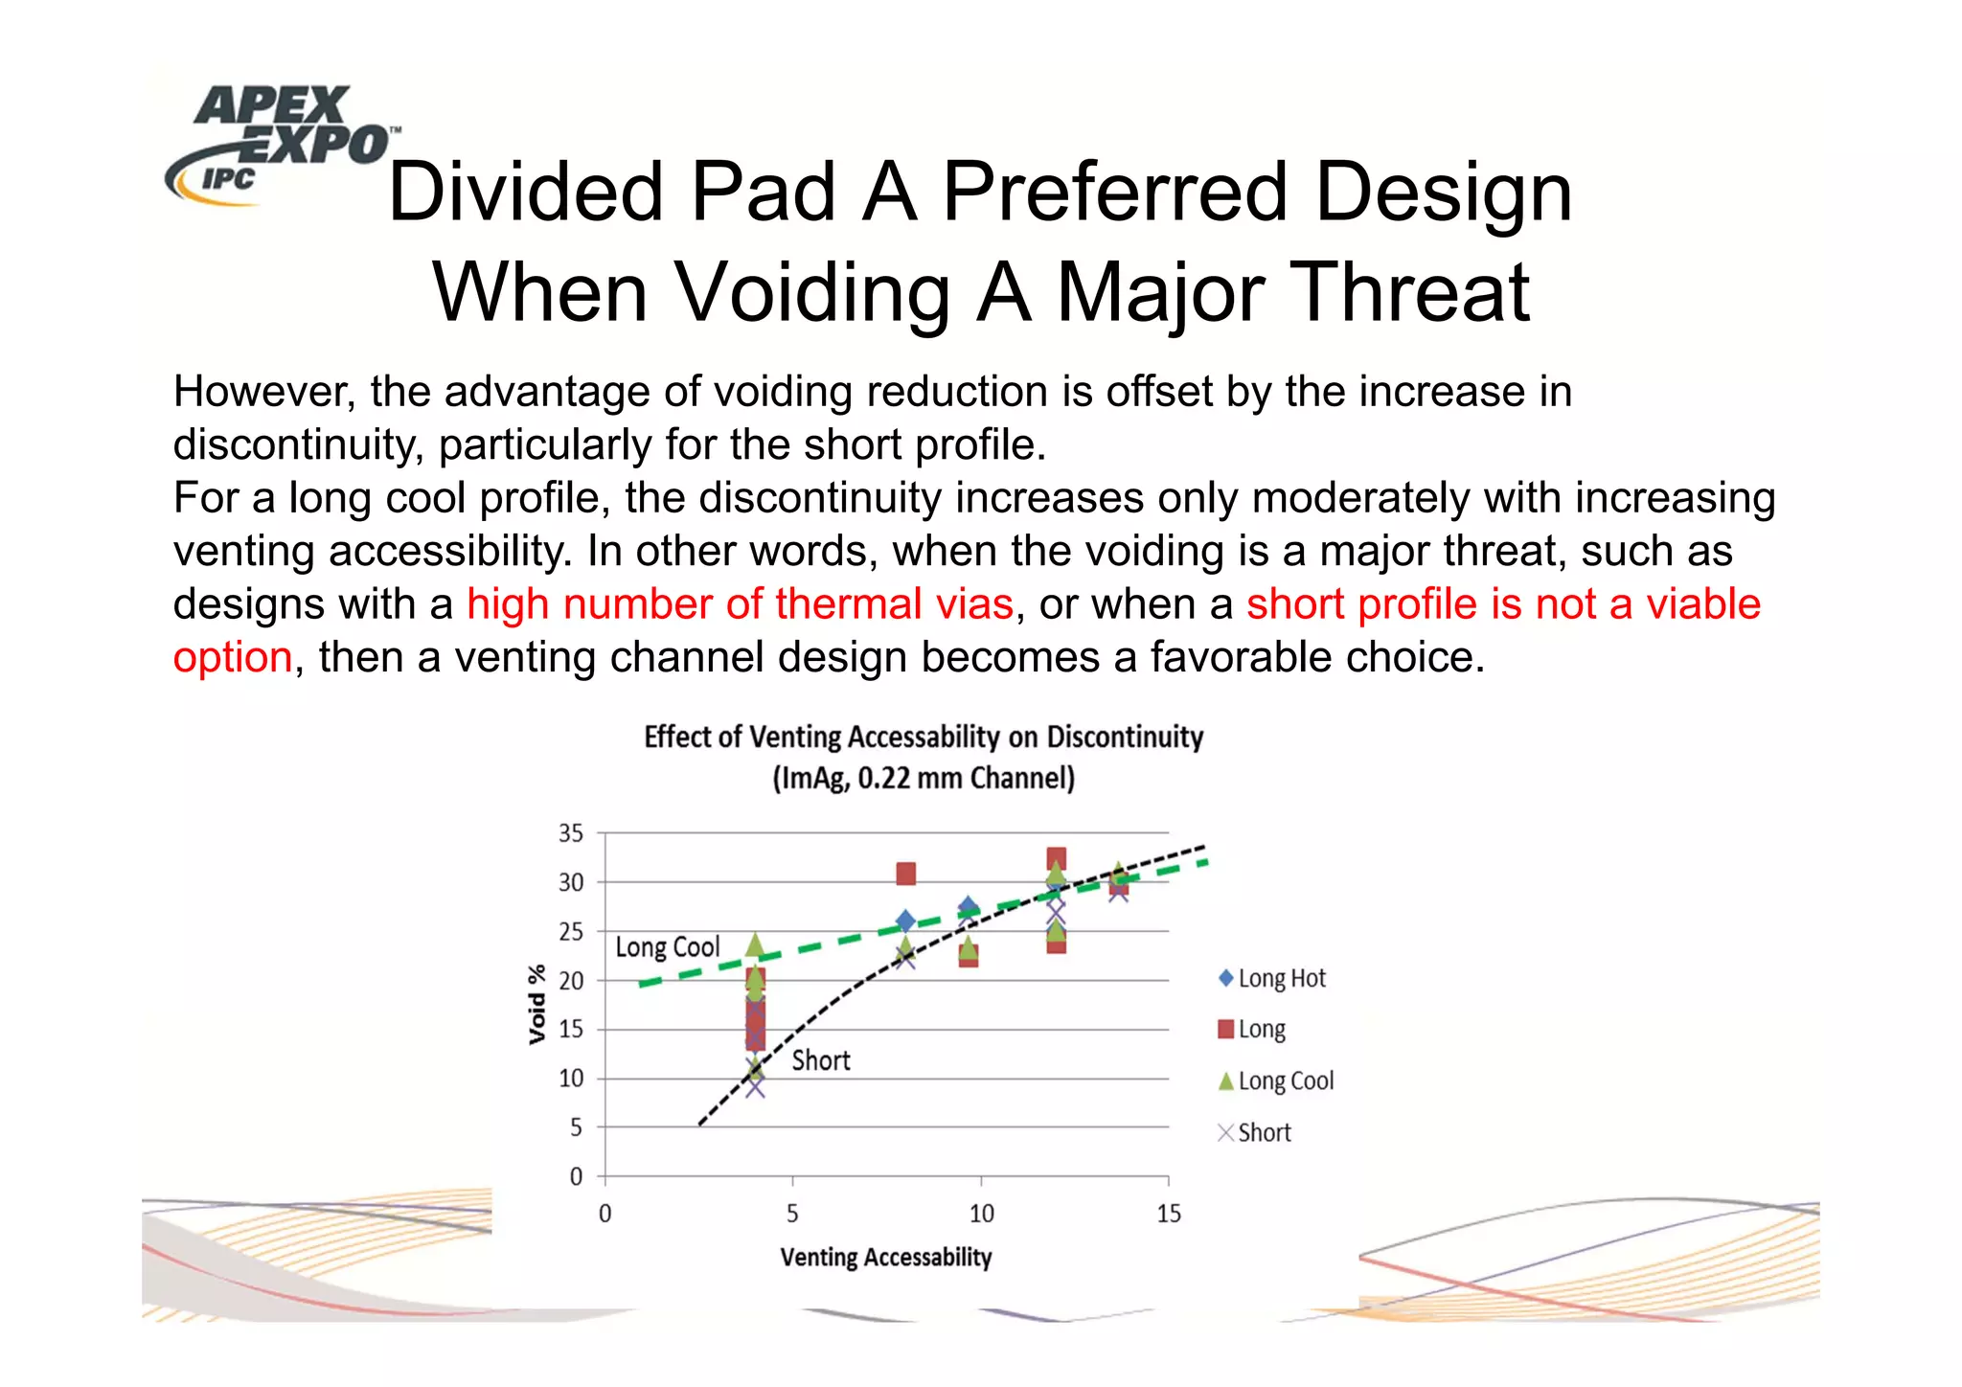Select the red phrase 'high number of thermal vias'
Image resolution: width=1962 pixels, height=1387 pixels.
[740, 604]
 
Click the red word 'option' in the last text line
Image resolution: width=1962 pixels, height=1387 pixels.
[233, 658]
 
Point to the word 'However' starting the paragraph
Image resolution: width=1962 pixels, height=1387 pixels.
[263, 392]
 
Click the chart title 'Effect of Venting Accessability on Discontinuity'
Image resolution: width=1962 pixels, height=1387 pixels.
[923, 737]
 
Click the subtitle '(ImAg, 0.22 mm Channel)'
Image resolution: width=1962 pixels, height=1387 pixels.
[923, 778]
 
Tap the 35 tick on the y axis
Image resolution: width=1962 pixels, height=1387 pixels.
[571, 833]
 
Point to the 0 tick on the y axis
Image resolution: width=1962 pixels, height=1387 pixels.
[576, 1176]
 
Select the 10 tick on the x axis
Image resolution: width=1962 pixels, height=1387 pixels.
[981, 1215]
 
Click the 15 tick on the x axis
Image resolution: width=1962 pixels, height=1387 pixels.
[1168, 1215]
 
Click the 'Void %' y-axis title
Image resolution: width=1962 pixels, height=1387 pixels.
[537, 1004]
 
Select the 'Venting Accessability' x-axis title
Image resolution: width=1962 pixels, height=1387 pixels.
[885, 1258]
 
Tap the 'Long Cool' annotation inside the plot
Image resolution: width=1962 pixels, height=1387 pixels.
[667, 947]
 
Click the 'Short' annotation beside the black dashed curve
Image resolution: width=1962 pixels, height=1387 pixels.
[821, 1060]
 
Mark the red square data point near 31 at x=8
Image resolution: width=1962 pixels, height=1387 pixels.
[905, 874]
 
